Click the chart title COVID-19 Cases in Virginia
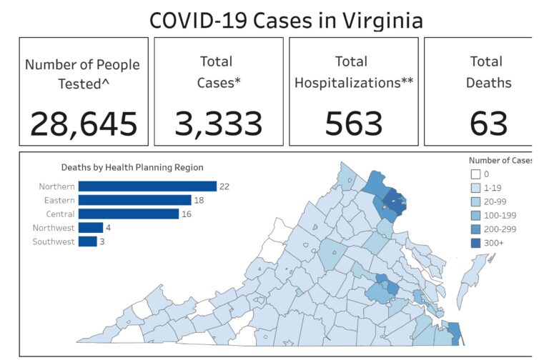coord(285,19)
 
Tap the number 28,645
coord(84,124)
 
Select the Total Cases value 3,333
coord(219,124)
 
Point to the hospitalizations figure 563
coord(354,124)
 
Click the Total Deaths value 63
coord(489,124)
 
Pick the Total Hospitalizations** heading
coord(354,71)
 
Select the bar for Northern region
coord(147,186)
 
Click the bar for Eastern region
coord(134,200)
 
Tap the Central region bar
coord(129,214)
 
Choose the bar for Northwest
coord(91,228)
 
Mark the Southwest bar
coord(87,241)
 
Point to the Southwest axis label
coord(54,241)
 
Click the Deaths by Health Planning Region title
coord(132,167)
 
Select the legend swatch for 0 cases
coord(475,174)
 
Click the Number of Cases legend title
coord(500,160)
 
